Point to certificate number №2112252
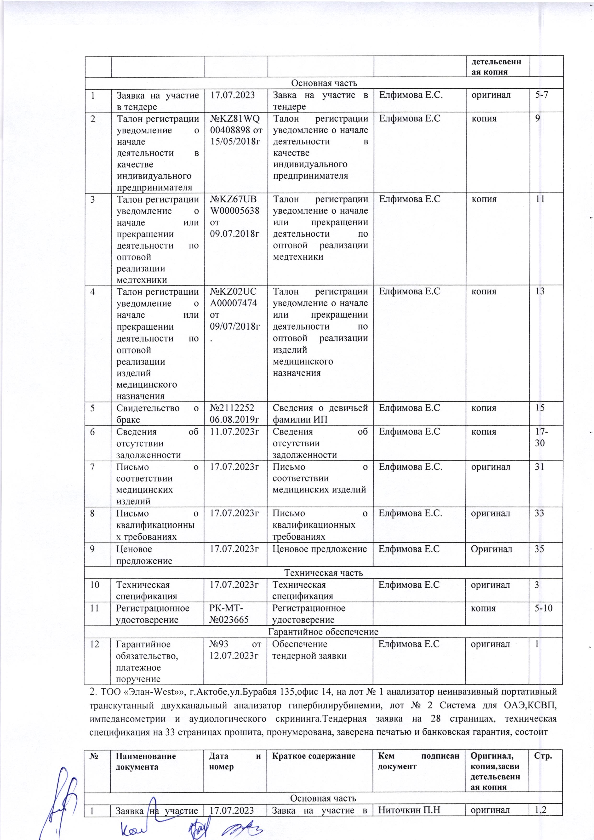pos(232,408)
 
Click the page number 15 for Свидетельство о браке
pos(540,408)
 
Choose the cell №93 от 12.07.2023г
pos(235,649)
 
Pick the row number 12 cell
pos(95,644)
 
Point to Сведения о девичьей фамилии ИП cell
pos(320,413)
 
